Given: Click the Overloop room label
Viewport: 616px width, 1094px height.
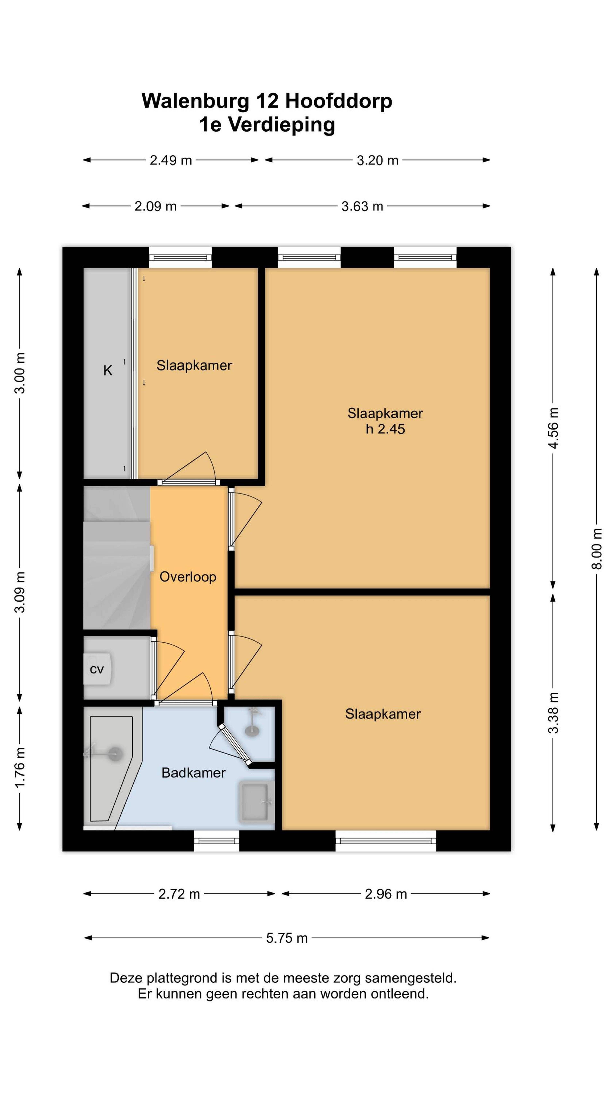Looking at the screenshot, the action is [188, 577].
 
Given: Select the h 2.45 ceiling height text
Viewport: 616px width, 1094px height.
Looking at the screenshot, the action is [385, 429].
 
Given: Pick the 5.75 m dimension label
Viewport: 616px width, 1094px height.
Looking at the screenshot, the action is [287, 938].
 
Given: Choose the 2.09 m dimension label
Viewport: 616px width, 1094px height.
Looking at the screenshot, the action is [155, 206].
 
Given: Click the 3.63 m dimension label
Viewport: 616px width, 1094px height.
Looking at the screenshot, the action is [362, 206].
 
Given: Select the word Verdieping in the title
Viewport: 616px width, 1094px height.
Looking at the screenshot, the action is [282, 125].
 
